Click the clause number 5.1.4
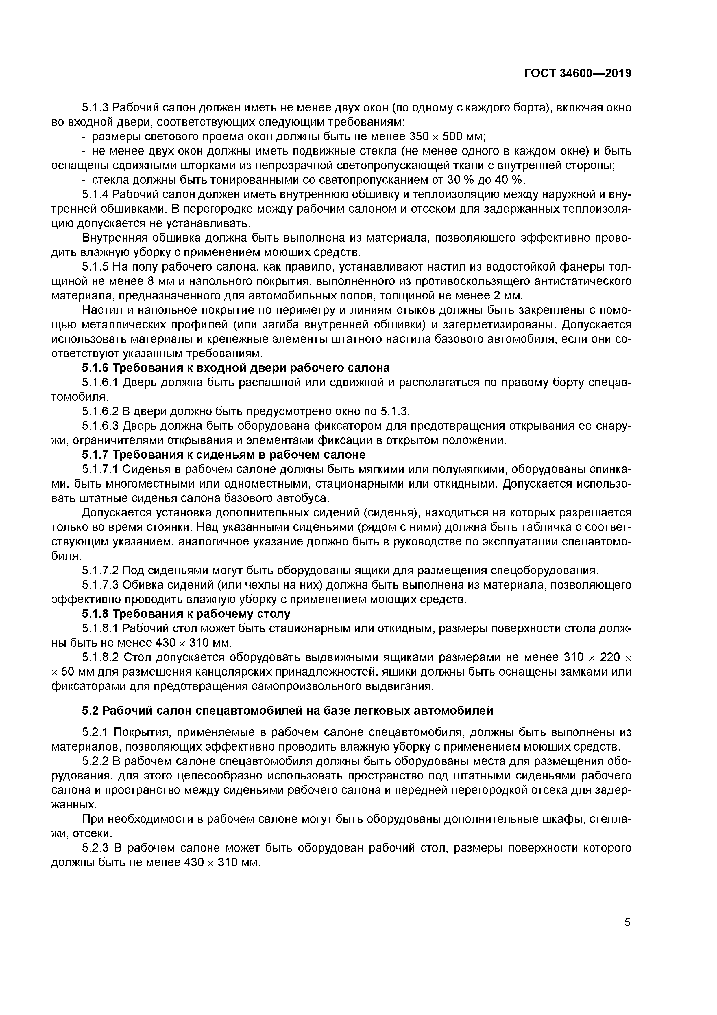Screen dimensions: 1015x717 [x=95, y=194]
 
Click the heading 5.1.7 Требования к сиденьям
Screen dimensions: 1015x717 [x=223, y=455]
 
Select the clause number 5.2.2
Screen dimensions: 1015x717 [x=95, y=761]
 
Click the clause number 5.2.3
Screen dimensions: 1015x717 [x=95, y=848]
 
